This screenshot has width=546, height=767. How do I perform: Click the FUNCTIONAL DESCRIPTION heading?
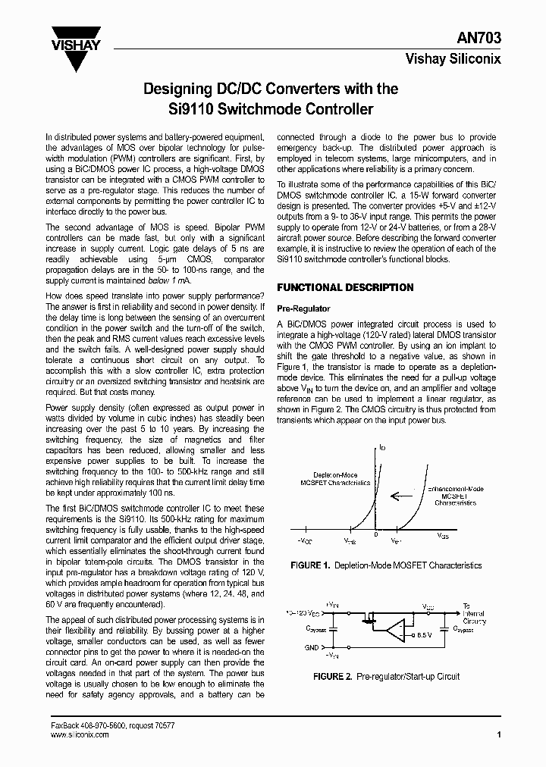click(345, 288)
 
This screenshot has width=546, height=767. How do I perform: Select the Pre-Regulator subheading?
click(303, 309)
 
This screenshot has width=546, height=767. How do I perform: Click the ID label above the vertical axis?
click(382, 449)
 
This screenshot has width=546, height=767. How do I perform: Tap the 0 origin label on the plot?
click(375, 536)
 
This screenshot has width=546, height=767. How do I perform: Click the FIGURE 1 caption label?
click(311, 565)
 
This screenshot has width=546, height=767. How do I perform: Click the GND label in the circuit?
click(312, 647)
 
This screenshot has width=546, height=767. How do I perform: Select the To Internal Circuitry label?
click(475, 613)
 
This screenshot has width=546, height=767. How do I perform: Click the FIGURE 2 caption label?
click(331, 676)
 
